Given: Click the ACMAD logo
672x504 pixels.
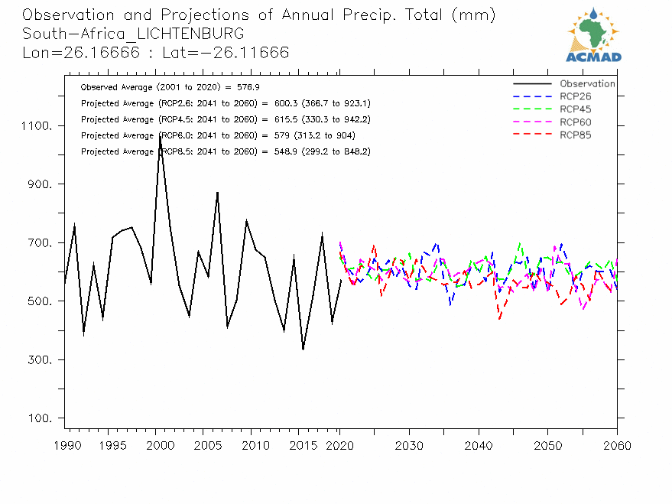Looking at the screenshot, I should click(594, 34).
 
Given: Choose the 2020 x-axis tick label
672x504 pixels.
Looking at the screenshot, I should click(339, 446).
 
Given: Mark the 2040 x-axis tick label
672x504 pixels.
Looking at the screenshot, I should click(478, 446).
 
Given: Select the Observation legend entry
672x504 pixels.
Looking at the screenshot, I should click(587, 84).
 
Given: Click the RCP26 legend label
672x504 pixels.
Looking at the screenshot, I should click(575, 96).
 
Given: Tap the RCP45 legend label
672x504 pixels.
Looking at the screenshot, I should click(575, 109).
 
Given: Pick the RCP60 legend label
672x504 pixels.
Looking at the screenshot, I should click(575, 122).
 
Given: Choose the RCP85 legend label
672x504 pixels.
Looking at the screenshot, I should click(575, 135).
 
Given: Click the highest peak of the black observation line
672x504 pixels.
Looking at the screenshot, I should click(160, 135).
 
